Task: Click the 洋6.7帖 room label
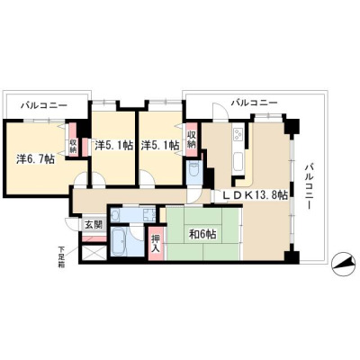35,159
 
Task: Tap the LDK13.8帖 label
256,195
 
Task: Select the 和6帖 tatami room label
202,234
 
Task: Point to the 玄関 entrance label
94,225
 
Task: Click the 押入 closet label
156,243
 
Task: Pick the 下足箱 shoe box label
61,256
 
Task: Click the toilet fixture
193,173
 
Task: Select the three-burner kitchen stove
239,134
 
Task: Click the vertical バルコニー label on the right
310,186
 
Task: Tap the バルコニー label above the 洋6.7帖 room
44,105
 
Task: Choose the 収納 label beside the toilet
192,139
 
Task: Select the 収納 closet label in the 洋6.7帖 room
73,146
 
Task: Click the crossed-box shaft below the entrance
94,253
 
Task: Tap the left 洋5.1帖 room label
113,145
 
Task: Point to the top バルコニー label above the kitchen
254,103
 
